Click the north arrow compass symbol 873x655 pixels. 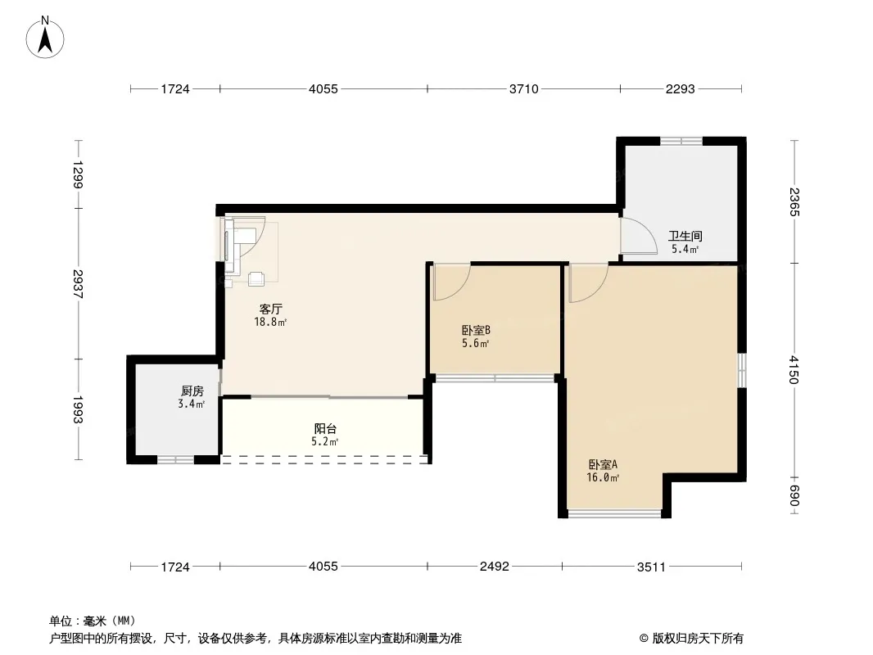(x=45, y=37)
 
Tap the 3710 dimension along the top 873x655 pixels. (x=524, y=89)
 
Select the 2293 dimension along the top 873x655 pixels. (x=681, y=89)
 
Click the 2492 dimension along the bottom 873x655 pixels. (x=495, y=567)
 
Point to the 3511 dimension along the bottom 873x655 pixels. (x=651, y=567)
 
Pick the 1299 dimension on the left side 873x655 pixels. (x=77, y=174)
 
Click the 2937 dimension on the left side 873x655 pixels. (x=77, y=284)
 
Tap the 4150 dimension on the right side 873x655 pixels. (x=794, y=369)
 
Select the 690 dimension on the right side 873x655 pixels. (x=794, y=496)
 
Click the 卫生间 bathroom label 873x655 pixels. (x=685, y=237)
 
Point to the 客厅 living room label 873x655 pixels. (x=270, y=309)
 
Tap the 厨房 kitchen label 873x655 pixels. (x=192, y=391)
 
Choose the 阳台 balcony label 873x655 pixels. (x=325, y=429)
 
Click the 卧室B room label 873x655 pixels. (x=476, y=331)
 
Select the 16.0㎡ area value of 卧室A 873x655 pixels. (x=603, y=477)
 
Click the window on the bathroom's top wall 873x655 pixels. (x=681, y=141)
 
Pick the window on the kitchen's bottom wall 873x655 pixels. (x=174, y=459)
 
